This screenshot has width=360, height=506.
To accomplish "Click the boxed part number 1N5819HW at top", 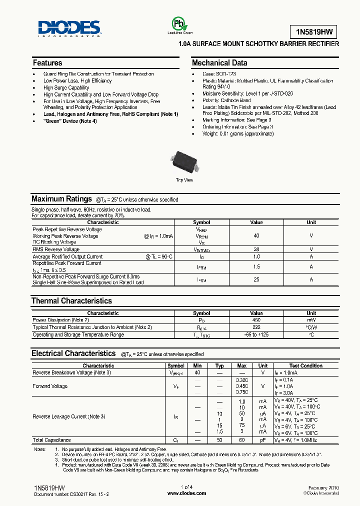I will [314, 32].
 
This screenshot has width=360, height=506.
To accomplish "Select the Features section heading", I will [47, 63].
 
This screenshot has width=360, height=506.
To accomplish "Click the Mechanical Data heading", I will [219, 63].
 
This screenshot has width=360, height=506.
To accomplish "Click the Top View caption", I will [184, 180].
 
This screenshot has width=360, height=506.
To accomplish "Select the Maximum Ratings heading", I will [61, 199].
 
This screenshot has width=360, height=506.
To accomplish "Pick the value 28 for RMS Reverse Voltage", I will [256, 249].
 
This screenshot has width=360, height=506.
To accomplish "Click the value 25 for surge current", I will [256, 279].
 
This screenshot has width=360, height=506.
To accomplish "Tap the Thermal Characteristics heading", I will [71, 301].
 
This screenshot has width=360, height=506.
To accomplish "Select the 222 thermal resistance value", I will [256, 327].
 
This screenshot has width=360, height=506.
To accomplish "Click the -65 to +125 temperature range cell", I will [256, 334].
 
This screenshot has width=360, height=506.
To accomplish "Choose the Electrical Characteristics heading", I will [73, 353].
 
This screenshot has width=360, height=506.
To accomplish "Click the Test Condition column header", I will [305, 365].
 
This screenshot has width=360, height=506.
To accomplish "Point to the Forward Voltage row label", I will [50, 386].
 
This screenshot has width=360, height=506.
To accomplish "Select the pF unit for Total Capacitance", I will [263, 440].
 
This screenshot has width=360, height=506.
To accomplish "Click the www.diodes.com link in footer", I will [186, 493].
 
